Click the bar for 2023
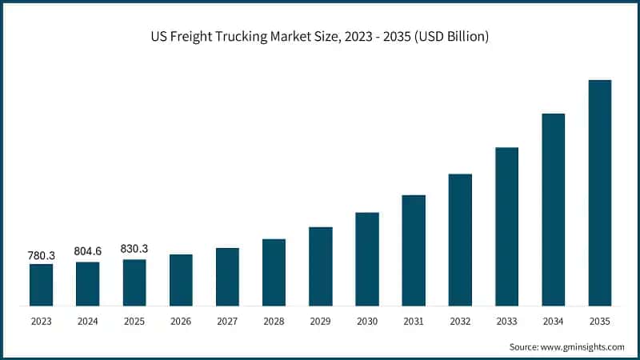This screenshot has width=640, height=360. click(41, 285)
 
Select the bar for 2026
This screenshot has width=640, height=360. click(181, 280)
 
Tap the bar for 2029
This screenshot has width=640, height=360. click(321, 266)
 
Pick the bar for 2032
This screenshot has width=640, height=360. click(460, 240)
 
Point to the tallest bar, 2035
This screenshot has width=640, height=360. click(600, 193)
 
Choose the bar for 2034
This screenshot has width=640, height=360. click(554, 210)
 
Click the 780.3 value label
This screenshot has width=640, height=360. click(42, 255)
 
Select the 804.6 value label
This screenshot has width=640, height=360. click(88, 251)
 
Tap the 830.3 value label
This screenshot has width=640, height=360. click(134, 249)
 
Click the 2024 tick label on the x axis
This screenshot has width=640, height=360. click(88, 322)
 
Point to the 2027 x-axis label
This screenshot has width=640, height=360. click(227, 322)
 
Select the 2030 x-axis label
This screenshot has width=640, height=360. click(367, 322)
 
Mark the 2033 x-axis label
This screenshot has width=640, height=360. click(506, 322)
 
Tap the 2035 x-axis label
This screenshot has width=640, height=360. click(600, 322)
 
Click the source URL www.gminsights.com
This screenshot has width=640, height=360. click(583, 347)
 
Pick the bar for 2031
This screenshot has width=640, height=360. click(414, 250)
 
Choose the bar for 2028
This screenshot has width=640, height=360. click(274, 272)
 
